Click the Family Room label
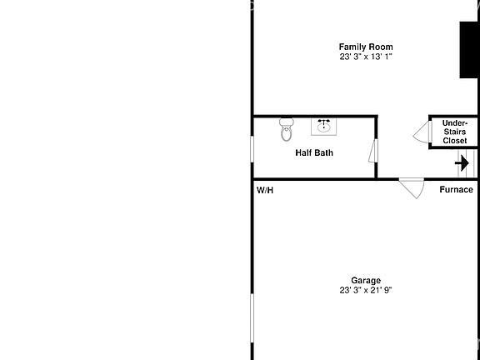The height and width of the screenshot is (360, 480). pyautogui.click(x=365, y=47)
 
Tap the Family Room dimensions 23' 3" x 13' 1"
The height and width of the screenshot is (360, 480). pyautogui.click(x=365, y=57)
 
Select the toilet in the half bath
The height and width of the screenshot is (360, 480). pyautogui.click(x=287, y=129)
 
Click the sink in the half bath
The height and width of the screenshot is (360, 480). pyautogui.click(x=324, y=127)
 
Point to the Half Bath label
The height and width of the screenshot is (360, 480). pyautogui.click(x=314, y=152)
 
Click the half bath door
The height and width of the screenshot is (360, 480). pyautogui.click(x=373, y=152)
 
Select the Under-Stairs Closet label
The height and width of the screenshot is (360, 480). pyautogui.click(x=454, y=132)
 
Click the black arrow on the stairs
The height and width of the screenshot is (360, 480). pyautogui.click(x=462, y=162)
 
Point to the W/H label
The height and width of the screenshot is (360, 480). pyautogui.click(x=265, y=191)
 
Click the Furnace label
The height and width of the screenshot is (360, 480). pyautogui.click(x=456, y=189)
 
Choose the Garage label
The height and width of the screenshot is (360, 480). pyautogui.click(x=365, y=281)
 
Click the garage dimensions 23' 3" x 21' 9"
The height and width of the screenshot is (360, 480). pyautogui.click(x=365, y=291)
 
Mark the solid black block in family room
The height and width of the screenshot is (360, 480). pyautogui.click(x=469, y=50)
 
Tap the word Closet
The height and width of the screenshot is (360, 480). pyautogui.click(x=454, y=141)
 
